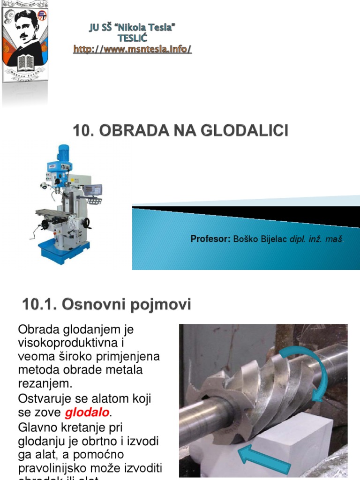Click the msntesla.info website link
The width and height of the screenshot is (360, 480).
(x=132, y=49)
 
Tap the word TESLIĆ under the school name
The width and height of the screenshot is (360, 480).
(x=132, y=38)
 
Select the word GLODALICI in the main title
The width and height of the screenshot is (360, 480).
(x=244, y=130)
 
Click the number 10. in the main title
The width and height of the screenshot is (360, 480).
(x=82, y=130)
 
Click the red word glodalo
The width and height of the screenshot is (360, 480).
(x=87, y=413)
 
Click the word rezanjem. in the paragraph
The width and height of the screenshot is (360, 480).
(x=45, y=384)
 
